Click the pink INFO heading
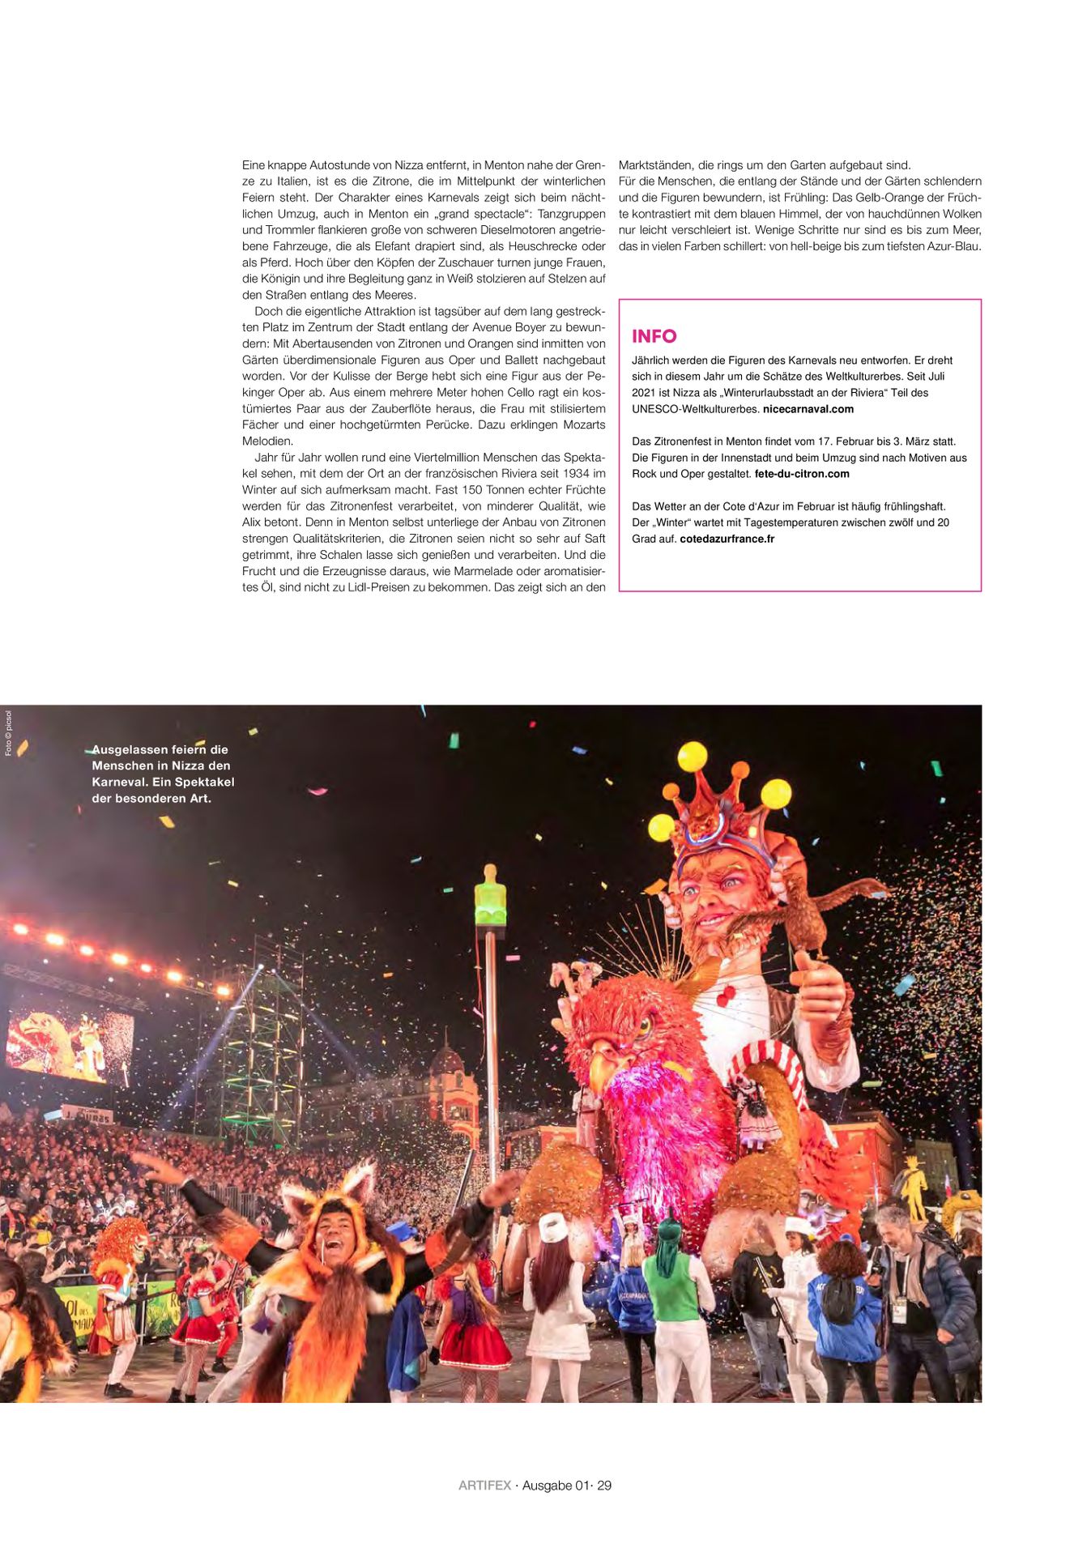[654, 336]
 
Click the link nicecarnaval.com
[808, 409]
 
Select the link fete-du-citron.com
[801, 474]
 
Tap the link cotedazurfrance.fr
[727, 539]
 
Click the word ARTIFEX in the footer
[484, 1486]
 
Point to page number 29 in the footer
[604, 1486]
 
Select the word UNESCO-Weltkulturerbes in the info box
[695, 409]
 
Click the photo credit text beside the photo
[8, 733]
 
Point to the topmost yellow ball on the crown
[692, 757]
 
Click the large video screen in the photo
[70, 1047]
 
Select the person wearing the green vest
[672, 1288]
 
